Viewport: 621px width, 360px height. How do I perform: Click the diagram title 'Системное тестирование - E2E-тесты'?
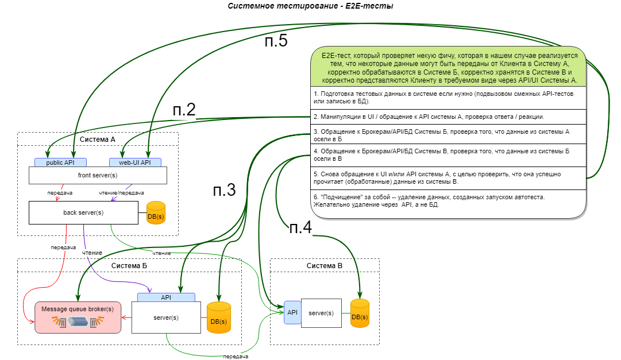point(310,6)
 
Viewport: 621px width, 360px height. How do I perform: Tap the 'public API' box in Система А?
point(60,162)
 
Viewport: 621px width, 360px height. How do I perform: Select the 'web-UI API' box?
point(135,162)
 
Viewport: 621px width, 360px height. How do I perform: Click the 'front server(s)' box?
point(98,175)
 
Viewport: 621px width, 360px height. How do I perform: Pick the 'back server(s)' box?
point(83,212)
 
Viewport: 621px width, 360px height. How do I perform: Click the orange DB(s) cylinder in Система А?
point(156,213)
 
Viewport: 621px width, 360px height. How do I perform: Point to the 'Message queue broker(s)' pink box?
point(78,317)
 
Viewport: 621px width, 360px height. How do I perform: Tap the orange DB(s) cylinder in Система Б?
point(218,318)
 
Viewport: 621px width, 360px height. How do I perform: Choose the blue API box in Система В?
point(292,312)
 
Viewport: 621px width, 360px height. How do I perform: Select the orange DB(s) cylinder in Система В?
point(360,313)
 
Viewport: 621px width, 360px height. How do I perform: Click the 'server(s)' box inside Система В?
point(321,313)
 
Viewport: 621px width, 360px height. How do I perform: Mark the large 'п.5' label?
point(276,42)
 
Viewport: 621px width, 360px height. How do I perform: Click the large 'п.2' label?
point(184,110)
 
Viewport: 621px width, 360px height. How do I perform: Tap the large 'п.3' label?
point(223,191)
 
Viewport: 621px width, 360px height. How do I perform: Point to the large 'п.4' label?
point(300,227)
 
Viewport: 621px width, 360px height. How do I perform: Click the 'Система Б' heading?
point(129,266)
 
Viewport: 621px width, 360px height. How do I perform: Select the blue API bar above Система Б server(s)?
point(166,297)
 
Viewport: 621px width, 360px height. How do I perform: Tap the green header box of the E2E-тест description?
point(449,68)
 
